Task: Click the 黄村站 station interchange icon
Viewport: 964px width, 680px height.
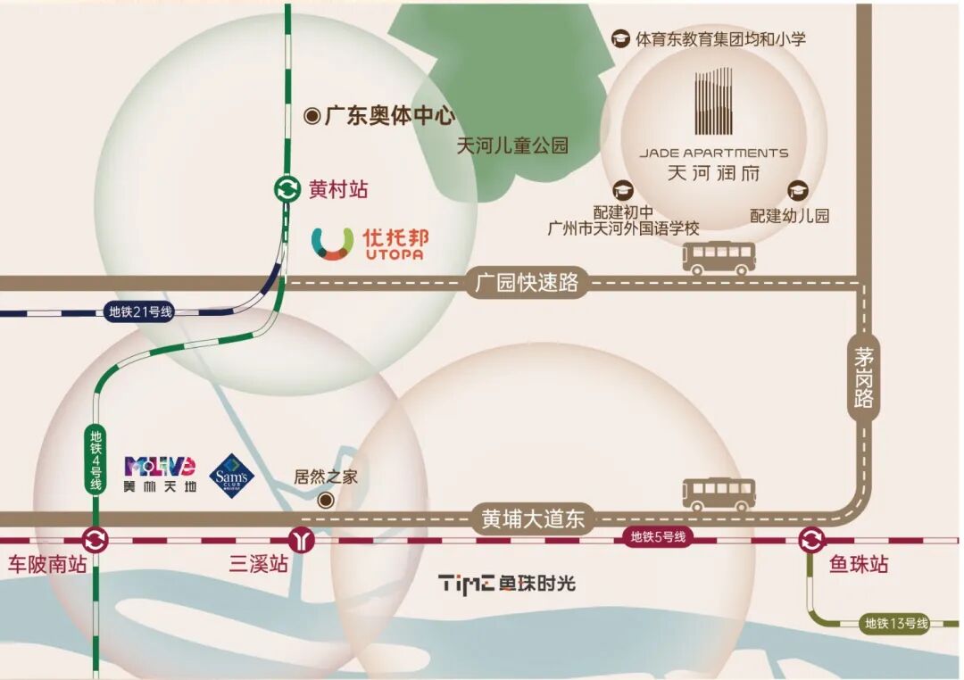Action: tap(287, 189)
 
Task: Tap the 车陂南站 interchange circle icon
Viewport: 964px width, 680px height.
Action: tap(95, 540)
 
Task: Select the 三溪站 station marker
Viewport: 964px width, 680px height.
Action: tap(303, 540)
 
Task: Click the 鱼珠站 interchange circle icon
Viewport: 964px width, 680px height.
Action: tap(811, 540)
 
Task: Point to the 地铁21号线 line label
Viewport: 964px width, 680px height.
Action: tap(140, 311)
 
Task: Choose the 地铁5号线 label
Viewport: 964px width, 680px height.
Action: tap(658, 537)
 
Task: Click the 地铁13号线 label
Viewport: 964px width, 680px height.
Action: tap(896, 624)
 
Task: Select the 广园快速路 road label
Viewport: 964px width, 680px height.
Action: tap(527, 284)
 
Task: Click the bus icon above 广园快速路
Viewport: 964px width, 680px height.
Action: tap(719, 258)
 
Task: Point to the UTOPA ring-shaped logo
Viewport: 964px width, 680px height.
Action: tap(332, 244)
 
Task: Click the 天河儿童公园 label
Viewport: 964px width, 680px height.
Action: tap(512, 145)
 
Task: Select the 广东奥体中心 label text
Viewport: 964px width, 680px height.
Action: tap(389, 116)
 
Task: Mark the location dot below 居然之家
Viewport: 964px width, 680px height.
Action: tap(327, 500)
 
